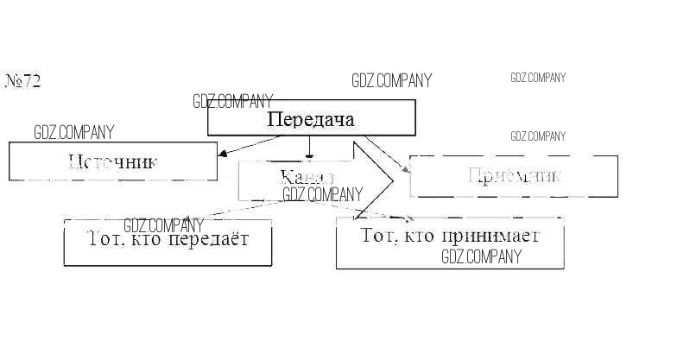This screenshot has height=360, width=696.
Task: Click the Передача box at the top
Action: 311,118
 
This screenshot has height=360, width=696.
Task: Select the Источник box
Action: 113,161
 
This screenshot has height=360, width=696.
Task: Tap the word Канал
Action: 307,177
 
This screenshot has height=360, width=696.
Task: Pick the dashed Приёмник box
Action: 514,176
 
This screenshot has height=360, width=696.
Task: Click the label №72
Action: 23,81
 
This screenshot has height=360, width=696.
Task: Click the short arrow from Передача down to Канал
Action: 310,148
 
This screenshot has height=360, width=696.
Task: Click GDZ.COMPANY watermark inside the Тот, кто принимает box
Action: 481,256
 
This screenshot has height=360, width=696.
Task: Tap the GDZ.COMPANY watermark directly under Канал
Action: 322,195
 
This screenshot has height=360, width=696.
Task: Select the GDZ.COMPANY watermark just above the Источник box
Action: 73,133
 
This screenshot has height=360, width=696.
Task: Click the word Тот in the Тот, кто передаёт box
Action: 105,238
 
